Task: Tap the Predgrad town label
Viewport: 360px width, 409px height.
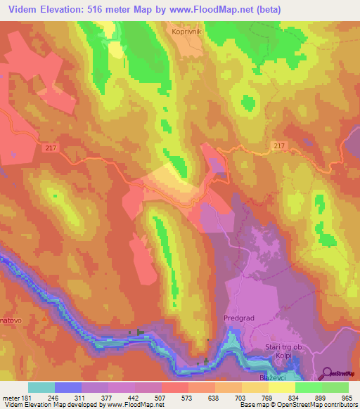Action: (x=242, y=317)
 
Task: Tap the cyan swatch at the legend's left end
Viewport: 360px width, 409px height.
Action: (x=41, y=387)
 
